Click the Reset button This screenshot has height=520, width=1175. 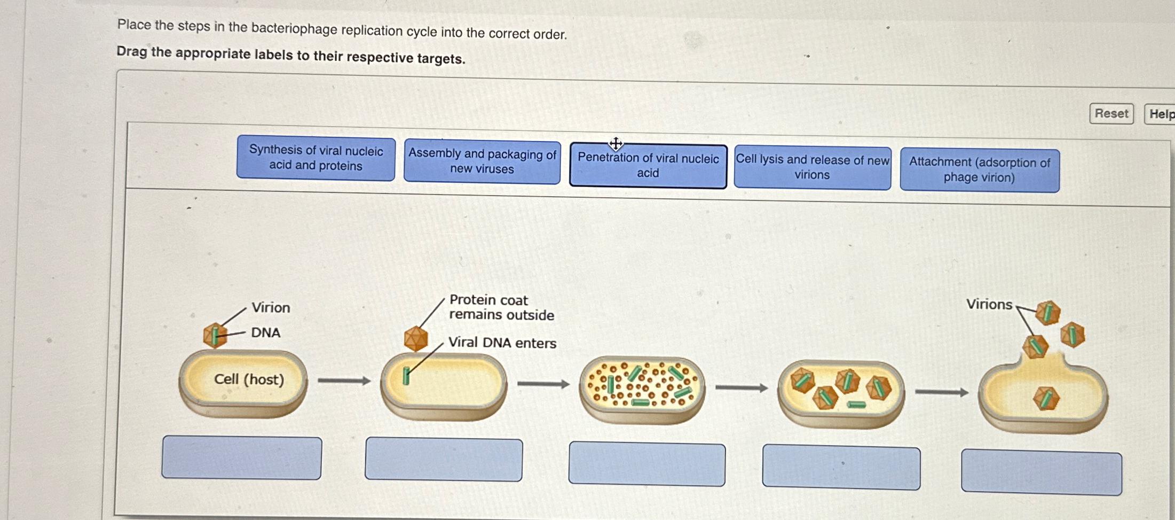[x=1111, y=114]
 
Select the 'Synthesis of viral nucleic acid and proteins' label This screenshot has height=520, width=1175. [x=316, y=158]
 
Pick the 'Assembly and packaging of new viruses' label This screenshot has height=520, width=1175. [x=482, y=161]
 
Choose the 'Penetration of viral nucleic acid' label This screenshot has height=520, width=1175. [x=648, y=166]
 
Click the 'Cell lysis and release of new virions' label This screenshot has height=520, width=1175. [x=812, y=168]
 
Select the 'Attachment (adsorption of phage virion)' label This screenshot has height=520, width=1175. [x=980, y=170]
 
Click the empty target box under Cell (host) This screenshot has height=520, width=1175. [x=241, y=457]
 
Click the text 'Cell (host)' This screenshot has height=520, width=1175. [x=249, y=379]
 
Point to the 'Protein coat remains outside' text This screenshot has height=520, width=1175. [x=501, y=308]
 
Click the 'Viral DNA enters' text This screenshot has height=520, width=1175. [x=502, y=343]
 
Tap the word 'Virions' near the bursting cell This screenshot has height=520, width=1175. [x=989, y=305]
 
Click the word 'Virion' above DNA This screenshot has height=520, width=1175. [x=271, y=308]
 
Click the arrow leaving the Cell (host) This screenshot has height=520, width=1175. [x=344, y=381]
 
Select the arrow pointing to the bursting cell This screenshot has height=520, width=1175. [x=941, y=393]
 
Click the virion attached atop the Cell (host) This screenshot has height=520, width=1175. [x=215, y=336]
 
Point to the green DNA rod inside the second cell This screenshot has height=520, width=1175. [x=406, y=376]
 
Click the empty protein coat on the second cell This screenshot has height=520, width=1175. [x=416, y=338]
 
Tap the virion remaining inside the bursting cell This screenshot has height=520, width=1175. [x=1046, y=399]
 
